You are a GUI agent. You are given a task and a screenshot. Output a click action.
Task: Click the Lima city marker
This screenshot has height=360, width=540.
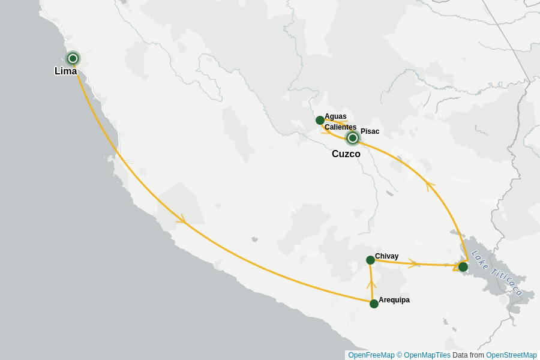[x=73, y=58]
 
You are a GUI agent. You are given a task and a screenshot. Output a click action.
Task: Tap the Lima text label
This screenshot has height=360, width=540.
[x=65, y=71]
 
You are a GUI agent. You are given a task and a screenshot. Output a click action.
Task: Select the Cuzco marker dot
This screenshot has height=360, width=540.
[x=353, y=138]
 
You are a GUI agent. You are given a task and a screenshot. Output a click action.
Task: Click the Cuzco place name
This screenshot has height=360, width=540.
[x=346, y=154]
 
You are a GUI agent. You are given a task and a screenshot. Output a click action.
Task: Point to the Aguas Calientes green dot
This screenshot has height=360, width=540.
[x=320, y=120]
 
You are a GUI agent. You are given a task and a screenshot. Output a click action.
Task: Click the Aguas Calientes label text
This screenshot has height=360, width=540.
[x=340, y=122]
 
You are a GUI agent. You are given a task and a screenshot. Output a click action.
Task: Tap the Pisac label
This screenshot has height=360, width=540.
[x=370, y=131]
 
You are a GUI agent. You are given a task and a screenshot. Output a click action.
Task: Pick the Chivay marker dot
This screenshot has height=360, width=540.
[x=370, y=260]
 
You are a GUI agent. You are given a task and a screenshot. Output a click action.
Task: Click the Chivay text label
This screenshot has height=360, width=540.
[x=386, y=256]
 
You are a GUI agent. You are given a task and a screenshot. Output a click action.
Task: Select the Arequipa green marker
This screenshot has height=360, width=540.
[x=374, y=304]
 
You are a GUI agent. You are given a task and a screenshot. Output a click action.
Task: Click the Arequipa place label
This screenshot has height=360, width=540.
[x=394, y=300]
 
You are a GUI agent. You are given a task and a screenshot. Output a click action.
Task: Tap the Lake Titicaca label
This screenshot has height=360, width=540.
[x=496, y=273]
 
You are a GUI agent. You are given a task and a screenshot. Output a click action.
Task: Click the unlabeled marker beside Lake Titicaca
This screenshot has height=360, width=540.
[x=463, y=267]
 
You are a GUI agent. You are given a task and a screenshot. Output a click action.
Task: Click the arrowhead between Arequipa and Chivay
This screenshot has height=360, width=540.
[x=371, y=284]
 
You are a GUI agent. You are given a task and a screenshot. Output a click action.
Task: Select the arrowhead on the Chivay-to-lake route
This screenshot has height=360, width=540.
[x=414, y=263]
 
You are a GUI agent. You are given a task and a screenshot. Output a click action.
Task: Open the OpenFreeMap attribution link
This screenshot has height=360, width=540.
[x=371, y=355]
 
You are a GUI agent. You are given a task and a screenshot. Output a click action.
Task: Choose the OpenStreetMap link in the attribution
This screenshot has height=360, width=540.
[x=511, y=355]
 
